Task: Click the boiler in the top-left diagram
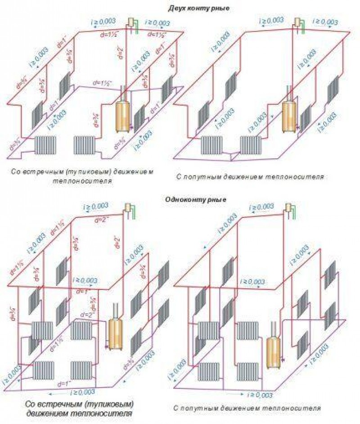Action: tap(122, 116)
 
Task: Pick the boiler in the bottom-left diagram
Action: tap(116, 332)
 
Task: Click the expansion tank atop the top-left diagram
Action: tap(132, 22)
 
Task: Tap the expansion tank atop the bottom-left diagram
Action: tap(130, 208)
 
